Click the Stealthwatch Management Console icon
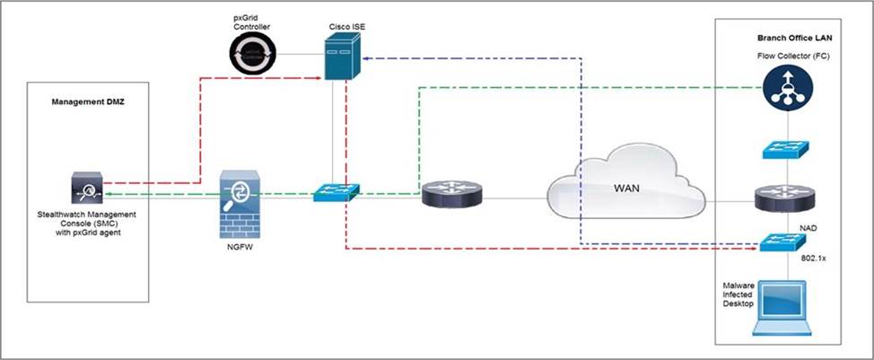pos(87,189)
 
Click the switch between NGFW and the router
pos(336,191)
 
